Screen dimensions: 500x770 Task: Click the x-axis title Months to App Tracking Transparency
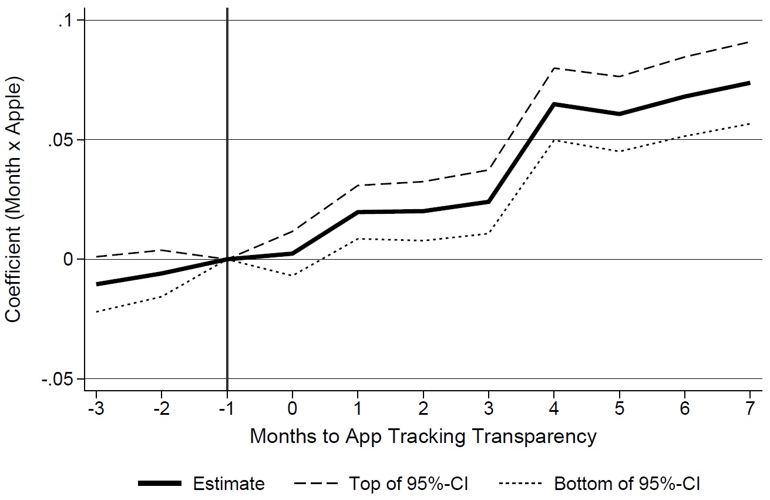pyautogui.click(x=423, y=437)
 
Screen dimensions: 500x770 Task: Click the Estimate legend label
pyautogui.click(x=228, y=484)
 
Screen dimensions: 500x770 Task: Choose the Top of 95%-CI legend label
pyautogui.click(x=409, y=484)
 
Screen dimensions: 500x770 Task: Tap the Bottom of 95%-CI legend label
pyautogui.click(x=627, y=484)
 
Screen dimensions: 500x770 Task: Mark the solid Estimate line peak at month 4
pyautogui.click(x=554, y=104)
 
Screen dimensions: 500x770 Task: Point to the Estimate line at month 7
pyautogui.click(x=749, y=83)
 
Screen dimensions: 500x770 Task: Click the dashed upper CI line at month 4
pyautogui.click(x=554, y=68)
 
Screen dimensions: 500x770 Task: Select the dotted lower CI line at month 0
pyautogui.click(x=292, y=276)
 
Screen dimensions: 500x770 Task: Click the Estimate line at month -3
pyautogui.click(x=96, y=284)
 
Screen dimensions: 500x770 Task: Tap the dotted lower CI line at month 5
pyautogui.click(x=619, y=151)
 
